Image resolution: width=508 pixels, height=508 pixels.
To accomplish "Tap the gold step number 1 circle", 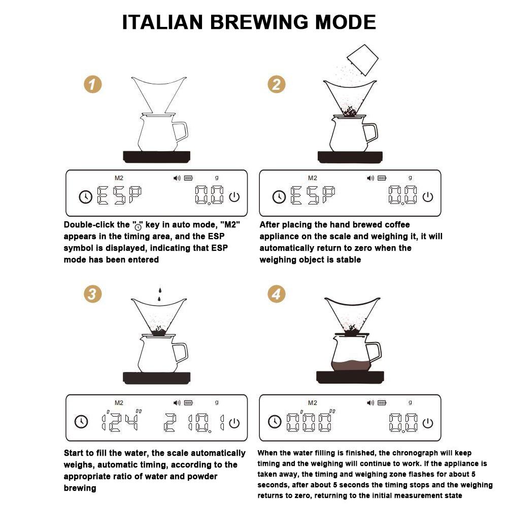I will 92,85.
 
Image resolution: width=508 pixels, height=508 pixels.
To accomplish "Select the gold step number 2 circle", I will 276,84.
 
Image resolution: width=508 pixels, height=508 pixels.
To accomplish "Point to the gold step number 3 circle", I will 92,294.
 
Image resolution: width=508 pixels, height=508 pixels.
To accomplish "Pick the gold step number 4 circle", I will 276,294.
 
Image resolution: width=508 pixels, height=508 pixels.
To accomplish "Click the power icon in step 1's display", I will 234,197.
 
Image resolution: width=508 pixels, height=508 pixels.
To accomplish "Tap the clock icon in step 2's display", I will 279,197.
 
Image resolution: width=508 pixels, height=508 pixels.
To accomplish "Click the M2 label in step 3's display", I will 119,402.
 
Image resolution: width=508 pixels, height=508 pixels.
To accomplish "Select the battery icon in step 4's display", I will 382,402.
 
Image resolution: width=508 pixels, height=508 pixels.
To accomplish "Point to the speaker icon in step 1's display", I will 177,178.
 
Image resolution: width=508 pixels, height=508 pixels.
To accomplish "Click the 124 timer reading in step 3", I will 120,421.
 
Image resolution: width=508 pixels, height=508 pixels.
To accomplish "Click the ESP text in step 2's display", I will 313,196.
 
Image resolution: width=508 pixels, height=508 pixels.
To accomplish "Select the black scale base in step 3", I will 157,377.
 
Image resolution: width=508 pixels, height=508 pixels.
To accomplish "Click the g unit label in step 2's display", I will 410,178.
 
